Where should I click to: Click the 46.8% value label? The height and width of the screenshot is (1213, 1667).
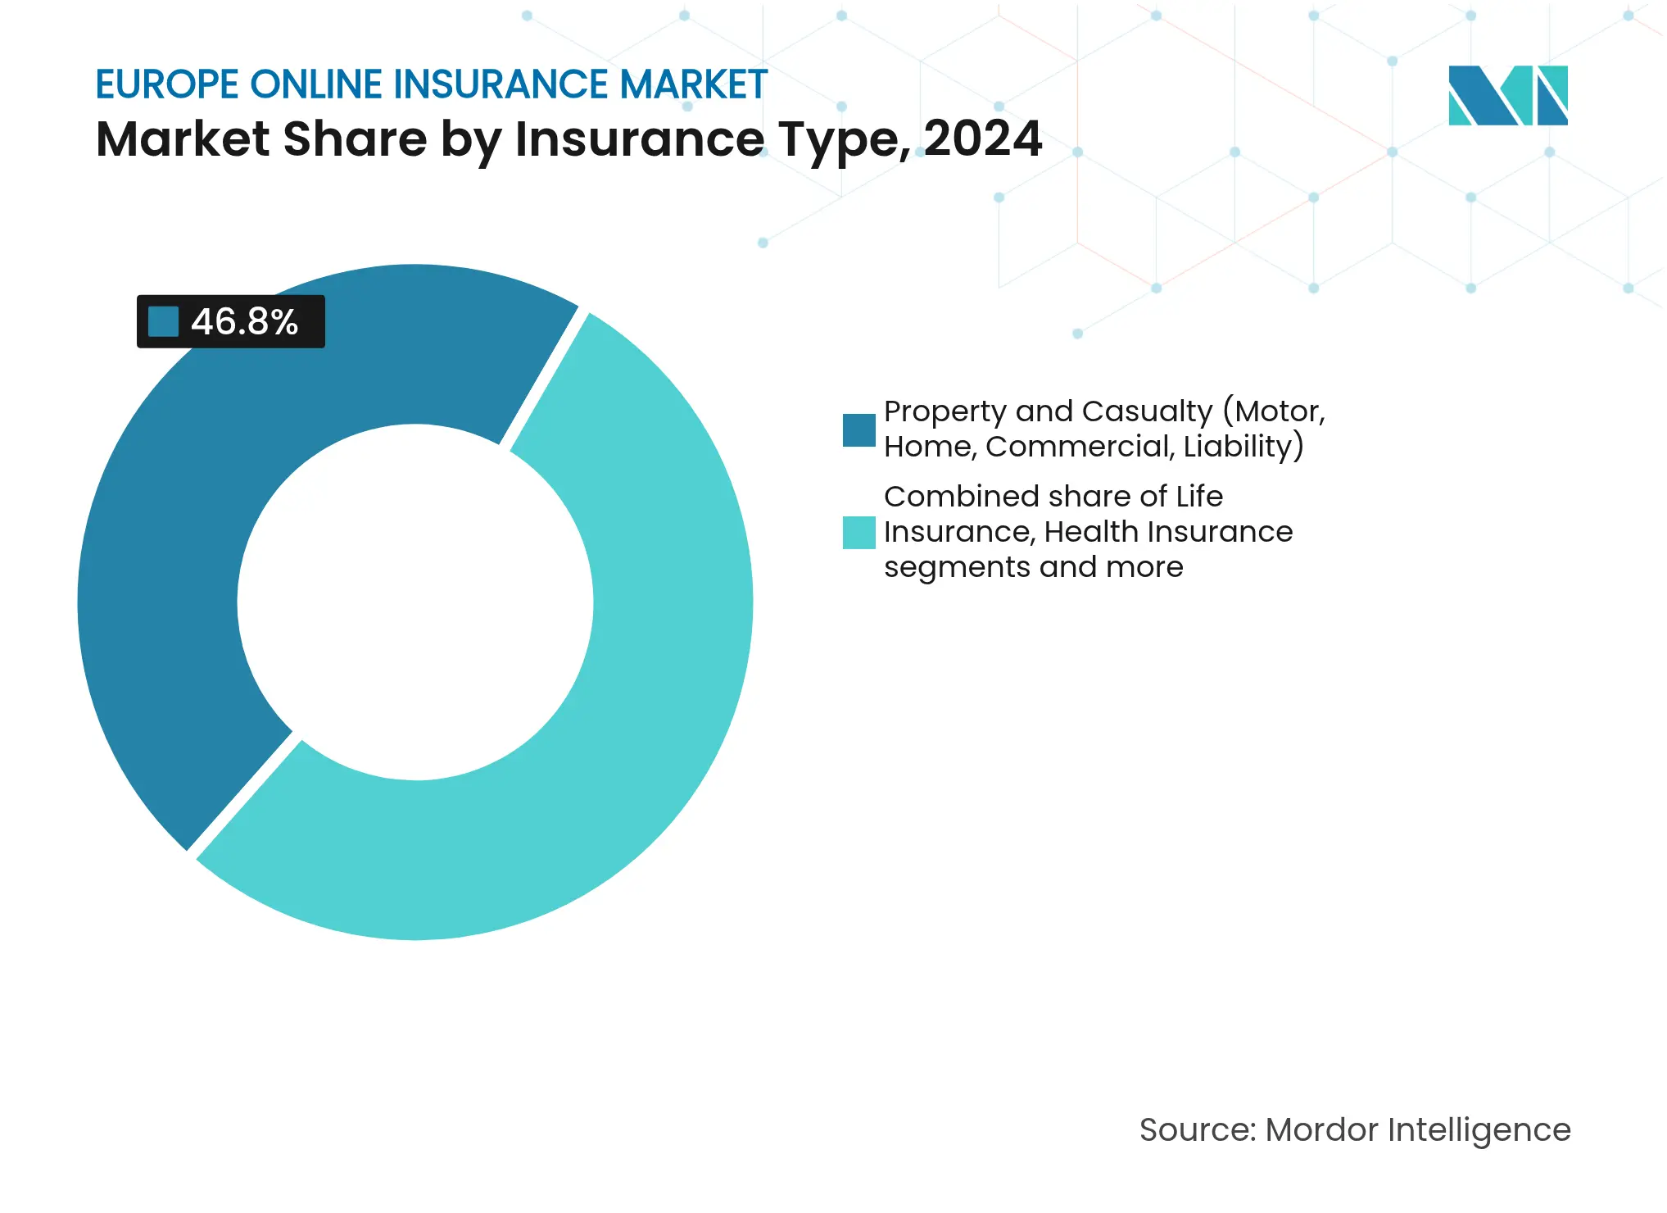(244, 321)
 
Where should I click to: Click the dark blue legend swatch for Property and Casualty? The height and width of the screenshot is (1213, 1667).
(858, 430)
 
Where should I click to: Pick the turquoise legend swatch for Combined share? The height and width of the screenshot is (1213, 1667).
(858, 532)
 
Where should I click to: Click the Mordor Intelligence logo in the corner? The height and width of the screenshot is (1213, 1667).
(1507, 95)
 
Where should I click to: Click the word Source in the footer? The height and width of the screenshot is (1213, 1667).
(1197, 1129)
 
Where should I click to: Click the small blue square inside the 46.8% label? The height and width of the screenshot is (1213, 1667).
(163, 321)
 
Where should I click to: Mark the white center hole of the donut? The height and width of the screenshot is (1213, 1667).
(415, 602)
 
